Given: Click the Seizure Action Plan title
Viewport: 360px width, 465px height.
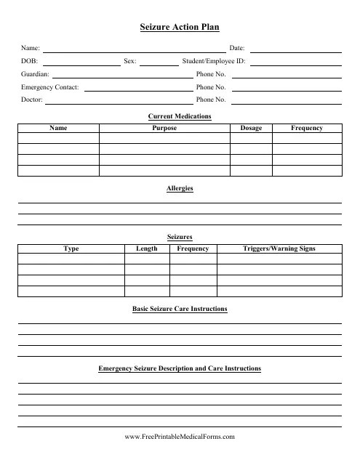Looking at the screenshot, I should [x=180, y=27].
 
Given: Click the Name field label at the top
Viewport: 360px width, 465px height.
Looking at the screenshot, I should [x=31, y=48].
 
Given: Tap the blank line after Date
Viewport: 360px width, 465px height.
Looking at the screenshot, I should [x=295, y=50].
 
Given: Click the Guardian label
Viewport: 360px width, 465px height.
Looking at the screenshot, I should [x=36, y=74].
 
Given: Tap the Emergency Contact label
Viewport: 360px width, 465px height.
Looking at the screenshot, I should [x=50, y=86].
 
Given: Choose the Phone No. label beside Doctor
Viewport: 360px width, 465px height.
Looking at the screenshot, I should [x=211, y=99].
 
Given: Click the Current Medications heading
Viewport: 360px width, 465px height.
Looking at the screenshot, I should [x=180, y=116].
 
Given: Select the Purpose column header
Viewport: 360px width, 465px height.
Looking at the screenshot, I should [x=164, y=128].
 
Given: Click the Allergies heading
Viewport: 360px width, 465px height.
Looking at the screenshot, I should [x=180, y=188].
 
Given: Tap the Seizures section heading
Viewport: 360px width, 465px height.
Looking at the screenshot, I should [x=180, y=237].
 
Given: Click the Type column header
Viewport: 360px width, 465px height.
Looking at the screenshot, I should [x=71, y=248].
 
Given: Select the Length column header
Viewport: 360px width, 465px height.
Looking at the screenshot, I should [x=146, y=248].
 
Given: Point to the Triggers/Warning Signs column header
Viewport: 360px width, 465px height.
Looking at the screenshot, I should [x=279, y=248].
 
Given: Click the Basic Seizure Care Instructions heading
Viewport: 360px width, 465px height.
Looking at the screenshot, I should [x=180, y=309].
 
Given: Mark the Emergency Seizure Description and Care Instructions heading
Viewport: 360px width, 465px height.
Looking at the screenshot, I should [x=180, y=369].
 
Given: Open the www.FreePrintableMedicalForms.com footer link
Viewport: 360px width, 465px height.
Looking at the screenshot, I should [x=180, y=437].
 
